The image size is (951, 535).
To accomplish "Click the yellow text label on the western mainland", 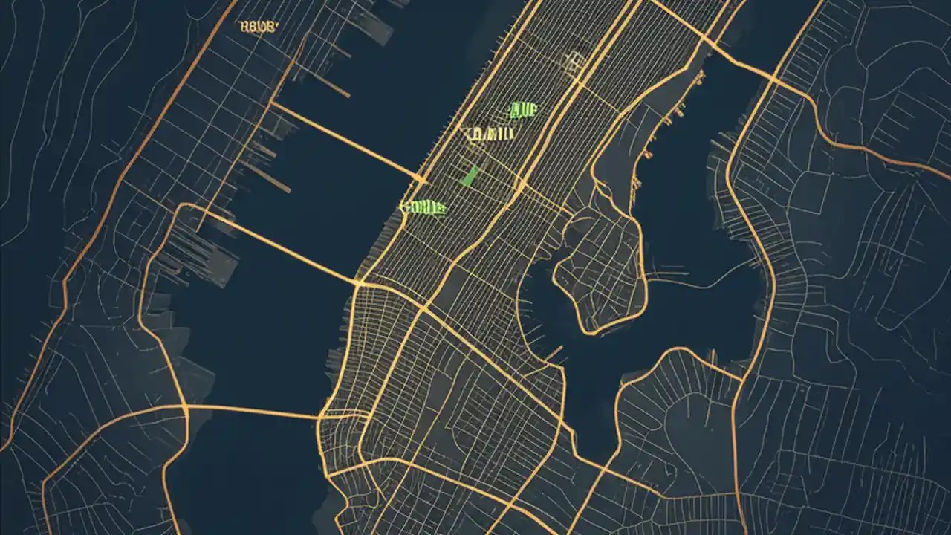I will click(x=259, y=27).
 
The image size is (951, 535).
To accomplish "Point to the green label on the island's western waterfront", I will click(x=423, y=207).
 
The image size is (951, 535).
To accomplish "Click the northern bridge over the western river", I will click(x=345, y=142).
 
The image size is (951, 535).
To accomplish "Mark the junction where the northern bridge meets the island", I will click(x=422, y=181).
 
